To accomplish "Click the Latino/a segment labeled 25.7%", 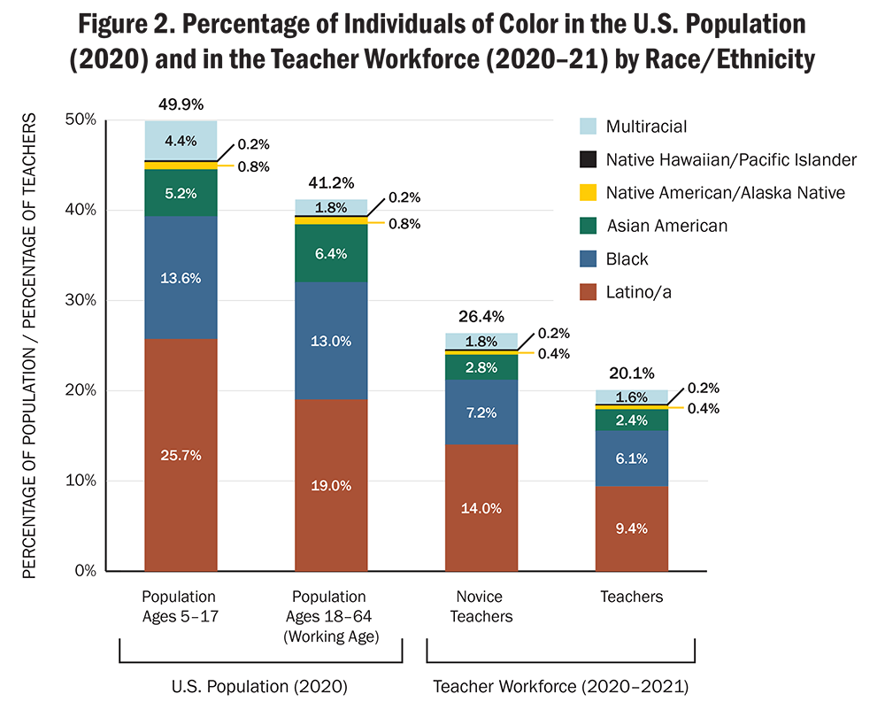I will pos(181,455).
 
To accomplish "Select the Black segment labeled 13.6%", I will pos(181,277).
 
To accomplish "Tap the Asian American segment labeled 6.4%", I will pos(331,252).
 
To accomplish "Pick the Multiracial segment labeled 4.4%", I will pos(181,139).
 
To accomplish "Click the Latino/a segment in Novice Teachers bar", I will pos(481,507).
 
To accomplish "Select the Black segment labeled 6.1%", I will pos(632,459).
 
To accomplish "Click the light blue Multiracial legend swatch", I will pos(585,127).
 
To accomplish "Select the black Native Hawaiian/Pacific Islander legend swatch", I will pos(585,160).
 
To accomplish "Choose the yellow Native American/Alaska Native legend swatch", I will pos(585,193).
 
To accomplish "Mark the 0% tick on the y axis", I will pos(85,571).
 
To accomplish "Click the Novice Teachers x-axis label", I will pos(481,606).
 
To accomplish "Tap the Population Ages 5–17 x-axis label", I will pos(181,606).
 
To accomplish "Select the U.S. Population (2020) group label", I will pos(260,686).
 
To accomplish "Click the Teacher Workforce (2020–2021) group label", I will pos(560,686).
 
